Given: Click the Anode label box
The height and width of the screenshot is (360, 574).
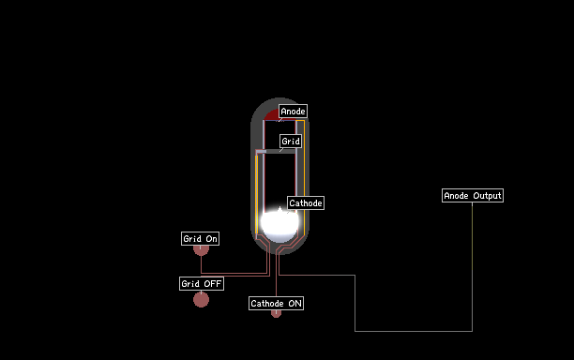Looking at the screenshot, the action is point(293,112).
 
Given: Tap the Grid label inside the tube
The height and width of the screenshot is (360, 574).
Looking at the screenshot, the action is point(291,142).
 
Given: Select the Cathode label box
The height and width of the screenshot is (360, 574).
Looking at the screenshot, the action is point(306,203).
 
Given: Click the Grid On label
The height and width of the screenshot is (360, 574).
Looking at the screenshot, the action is point(200,238).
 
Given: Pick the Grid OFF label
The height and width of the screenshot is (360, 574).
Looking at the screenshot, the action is point(202,283).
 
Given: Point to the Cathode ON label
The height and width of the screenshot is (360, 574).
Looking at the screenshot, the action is point(276,304).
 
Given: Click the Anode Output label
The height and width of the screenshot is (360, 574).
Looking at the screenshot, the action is point(473,195).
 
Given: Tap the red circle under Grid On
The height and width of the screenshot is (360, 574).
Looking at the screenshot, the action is point(201,250).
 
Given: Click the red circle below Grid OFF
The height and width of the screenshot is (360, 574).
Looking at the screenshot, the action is point(201,300).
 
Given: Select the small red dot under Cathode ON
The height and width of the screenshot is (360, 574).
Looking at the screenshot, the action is point(276,313).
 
